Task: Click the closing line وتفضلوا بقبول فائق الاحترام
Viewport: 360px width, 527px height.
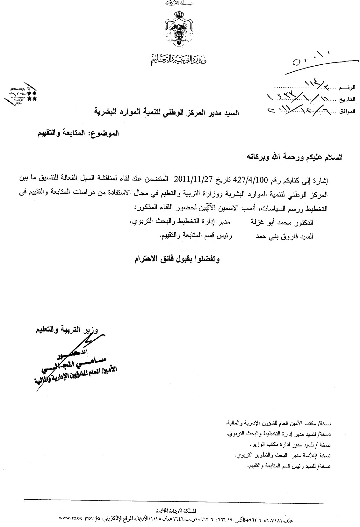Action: point(176,259)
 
